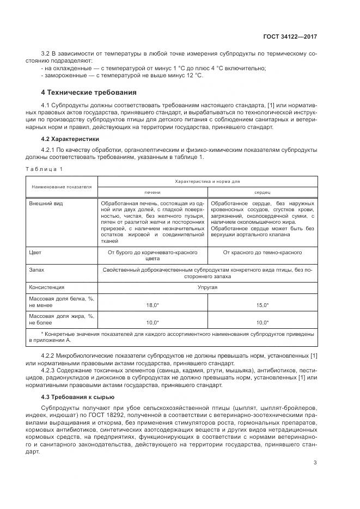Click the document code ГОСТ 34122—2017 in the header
[291, 36]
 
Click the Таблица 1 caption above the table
[44, 169]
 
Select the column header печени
[152, 193]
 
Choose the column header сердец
[262, 193]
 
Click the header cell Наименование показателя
[62, 187]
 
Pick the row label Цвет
[35, 253]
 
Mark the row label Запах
[36, 269]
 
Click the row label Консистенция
[46, 286]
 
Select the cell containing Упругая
[207, 286]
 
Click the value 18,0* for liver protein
[152, 305]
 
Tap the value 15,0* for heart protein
[262, 305]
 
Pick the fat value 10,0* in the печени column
[152, 322]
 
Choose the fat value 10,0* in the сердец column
[262, 322]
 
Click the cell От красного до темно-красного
[262, 253]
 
